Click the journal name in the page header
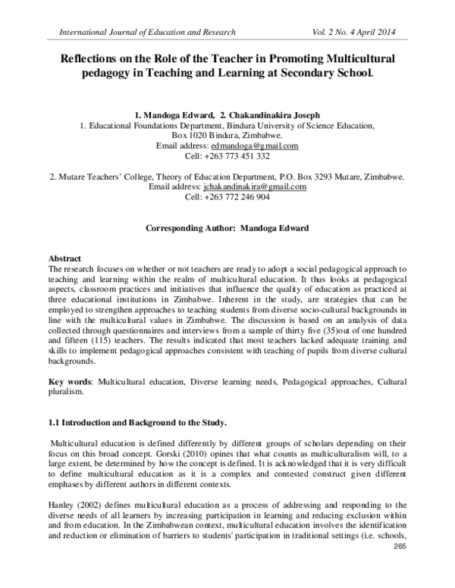(142, 32)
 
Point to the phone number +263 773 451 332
(227, 156)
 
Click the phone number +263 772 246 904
(227, 196)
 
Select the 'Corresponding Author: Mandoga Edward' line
(227, 227)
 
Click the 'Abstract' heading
(64, 258)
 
